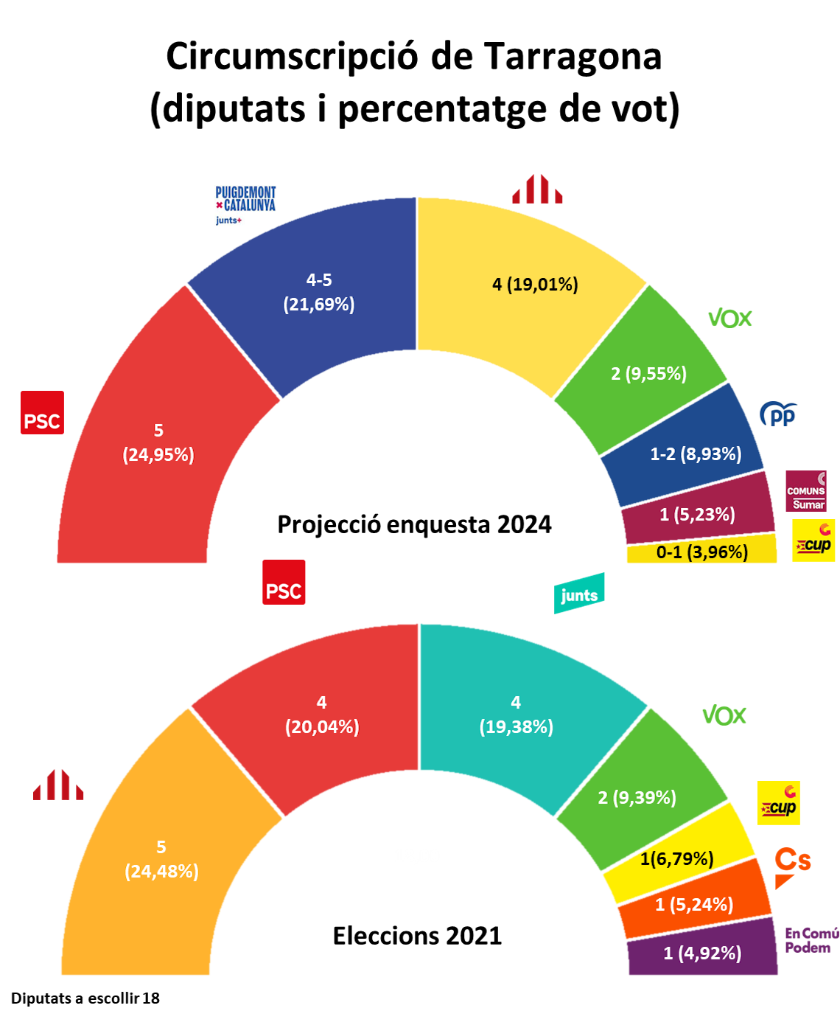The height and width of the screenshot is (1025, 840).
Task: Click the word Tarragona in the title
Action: (573, 57)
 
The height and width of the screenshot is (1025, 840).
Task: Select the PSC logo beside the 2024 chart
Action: (42, 412)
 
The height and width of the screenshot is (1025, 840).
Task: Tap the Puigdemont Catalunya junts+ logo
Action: (245, 204)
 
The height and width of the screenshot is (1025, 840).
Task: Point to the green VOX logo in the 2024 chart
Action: (729, 319)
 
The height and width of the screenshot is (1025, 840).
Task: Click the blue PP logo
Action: (778, 414)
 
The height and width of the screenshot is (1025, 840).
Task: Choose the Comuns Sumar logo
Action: (805, 491)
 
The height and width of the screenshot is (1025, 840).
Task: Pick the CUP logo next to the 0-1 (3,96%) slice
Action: (813, 541)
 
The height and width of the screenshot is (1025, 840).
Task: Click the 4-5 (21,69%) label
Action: (319, 292)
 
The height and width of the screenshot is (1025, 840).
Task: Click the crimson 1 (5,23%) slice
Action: (697, 514)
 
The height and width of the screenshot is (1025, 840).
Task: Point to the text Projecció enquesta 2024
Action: (414, 524)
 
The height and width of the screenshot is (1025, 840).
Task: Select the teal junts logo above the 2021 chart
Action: (579, 594)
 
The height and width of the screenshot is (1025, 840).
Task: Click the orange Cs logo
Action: (792, 866)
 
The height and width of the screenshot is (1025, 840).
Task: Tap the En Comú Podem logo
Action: (810, 941)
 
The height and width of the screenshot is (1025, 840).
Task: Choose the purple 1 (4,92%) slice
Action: (702, 953)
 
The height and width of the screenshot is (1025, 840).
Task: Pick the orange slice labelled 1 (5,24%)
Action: (694, 904)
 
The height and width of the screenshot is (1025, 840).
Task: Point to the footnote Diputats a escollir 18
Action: (85, 998)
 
